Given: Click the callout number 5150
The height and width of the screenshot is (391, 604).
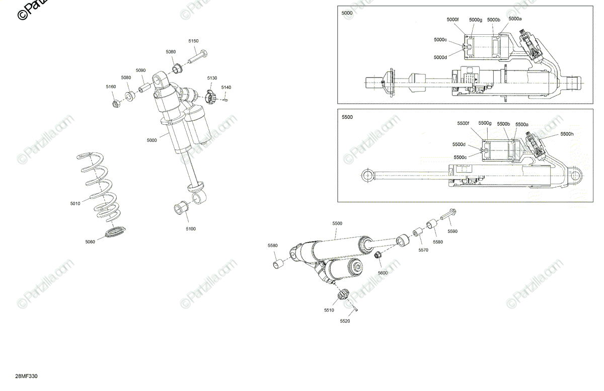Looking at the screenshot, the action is (x=193, y=41).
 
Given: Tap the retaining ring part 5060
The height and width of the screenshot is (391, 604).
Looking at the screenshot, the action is (x=117, y=233).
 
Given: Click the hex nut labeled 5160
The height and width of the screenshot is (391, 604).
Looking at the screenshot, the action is (x=115, y=104).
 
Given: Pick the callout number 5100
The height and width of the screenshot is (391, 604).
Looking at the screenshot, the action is (x=191, y=229).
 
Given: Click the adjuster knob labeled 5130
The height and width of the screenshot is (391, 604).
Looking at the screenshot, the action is (x=212, y=96).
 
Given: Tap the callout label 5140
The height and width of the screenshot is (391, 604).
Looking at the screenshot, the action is (x=226, y=88).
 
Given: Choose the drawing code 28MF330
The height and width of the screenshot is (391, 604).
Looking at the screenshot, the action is (x=27, y=376).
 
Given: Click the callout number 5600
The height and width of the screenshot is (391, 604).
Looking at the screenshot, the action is (x=383, y=273).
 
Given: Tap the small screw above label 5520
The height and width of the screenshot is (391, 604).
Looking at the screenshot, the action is (x=354, y=309).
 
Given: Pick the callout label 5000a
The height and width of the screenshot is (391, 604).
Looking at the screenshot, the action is (x=515, y=18).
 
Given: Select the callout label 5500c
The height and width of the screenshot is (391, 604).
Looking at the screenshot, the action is (x=460, y=158).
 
